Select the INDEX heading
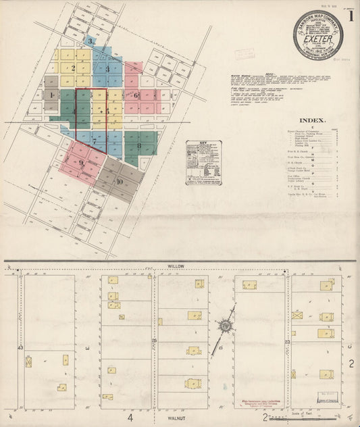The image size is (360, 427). (313, 120)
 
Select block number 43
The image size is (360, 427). (20, 347)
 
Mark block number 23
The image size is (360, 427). (287, 343)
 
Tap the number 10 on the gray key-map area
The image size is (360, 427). (119, 182)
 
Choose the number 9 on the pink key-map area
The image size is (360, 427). (81, 163)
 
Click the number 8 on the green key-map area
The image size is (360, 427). (139, 145)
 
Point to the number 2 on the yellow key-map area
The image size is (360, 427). (72, 68)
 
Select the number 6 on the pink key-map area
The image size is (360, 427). (136, 96)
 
